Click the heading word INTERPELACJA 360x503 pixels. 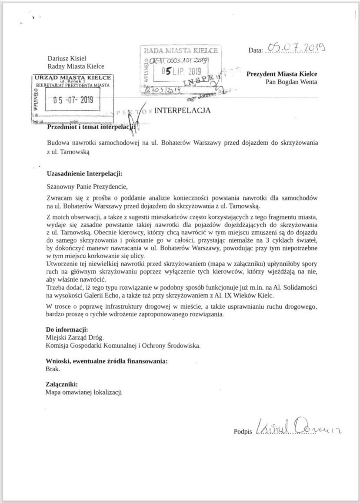point(183,110)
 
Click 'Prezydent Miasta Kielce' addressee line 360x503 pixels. point(282,74)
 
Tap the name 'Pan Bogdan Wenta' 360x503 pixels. point(291,82)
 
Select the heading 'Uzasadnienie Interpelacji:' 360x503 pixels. point(84,173)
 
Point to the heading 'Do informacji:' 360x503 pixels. point(67,329)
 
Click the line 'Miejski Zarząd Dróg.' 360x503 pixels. point(75,337)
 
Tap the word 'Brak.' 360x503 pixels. point(53,369)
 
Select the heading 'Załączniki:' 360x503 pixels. point(62,384)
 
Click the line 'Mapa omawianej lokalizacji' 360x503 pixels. point(83,392)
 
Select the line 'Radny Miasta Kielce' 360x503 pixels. point(76,67)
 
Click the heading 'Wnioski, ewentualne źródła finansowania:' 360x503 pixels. point(107,361)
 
